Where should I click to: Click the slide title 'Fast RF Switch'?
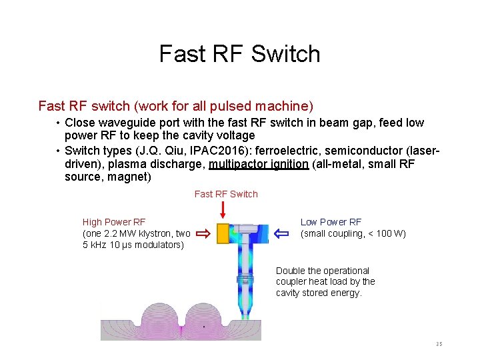239,53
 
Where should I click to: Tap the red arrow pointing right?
203,233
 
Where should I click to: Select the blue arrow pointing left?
281,233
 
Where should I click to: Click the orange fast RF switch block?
223,233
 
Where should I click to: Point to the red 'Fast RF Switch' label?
226,194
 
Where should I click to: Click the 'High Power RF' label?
114,222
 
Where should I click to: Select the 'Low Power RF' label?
331,222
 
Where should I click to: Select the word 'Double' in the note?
290,271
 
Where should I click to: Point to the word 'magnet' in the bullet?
132,177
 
